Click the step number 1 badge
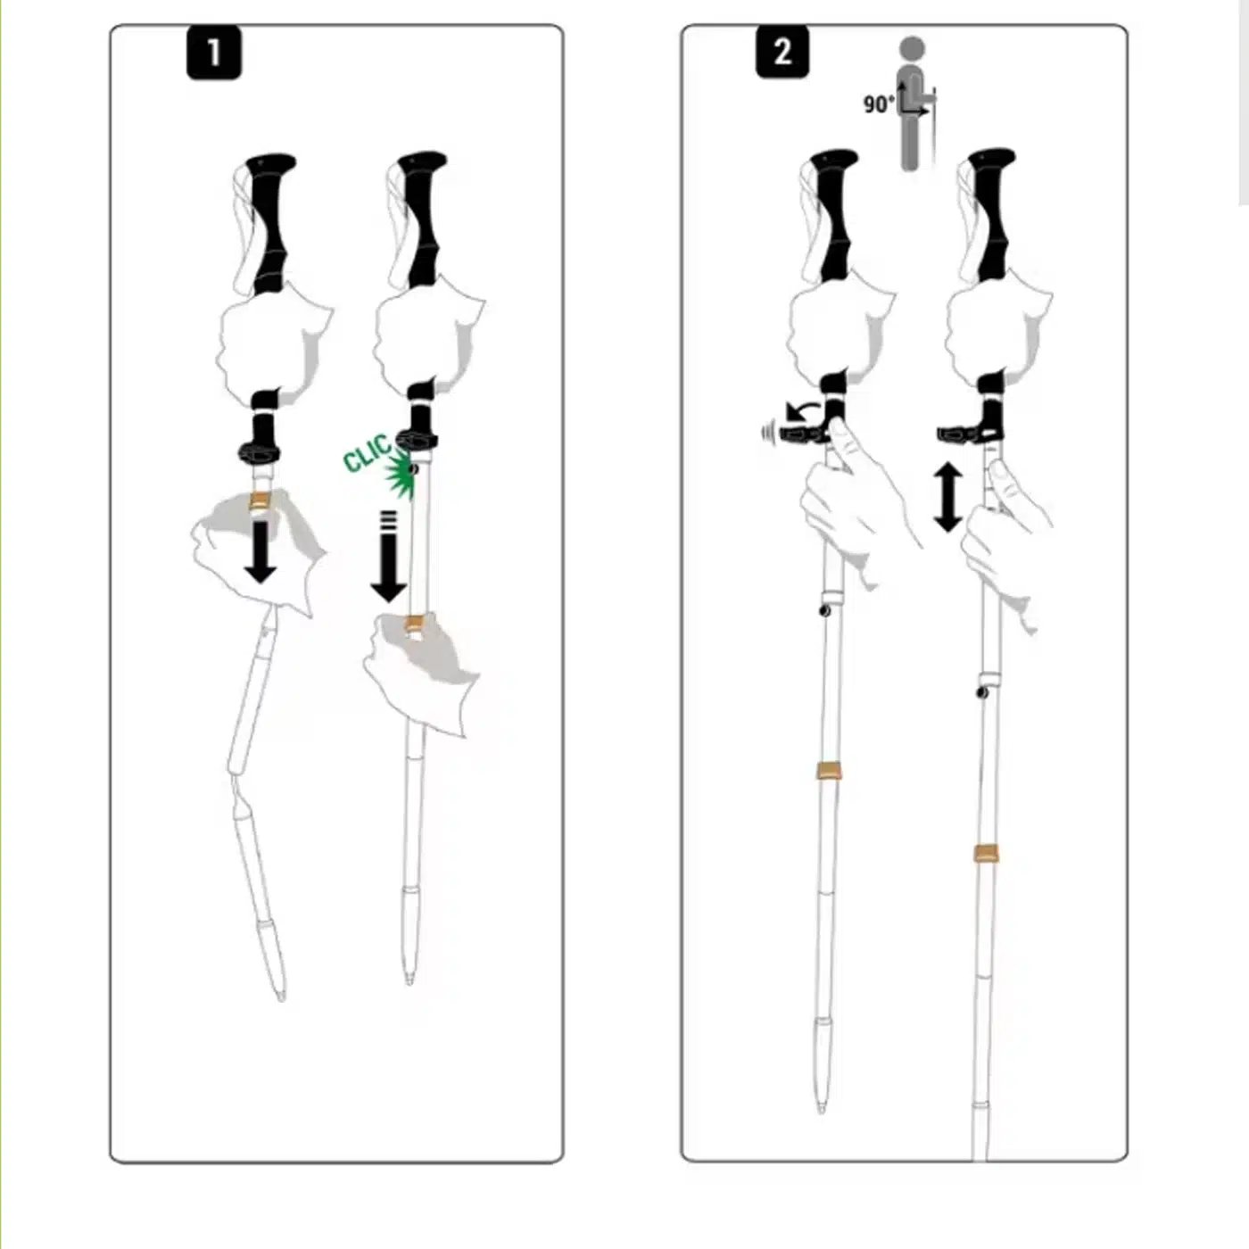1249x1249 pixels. pos(214,54)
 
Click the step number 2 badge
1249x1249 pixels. pos(782,52)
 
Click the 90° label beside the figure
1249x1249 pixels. pos(879,103)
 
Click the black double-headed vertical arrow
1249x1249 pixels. pos(947,497)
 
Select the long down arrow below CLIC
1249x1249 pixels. pos(388,556)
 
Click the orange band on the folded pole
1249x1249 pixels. pos(260,500)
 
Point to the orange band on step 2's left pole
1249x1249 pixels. pos(828,770)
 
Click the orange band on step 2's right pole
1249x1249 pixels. pos(985,855)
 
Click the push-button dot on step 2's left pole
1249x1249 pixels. pos(824,610)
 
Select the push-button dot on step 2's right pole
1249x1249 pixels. pos(981,693)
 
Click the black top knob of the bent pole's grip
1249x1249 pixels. pos(271,162)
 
